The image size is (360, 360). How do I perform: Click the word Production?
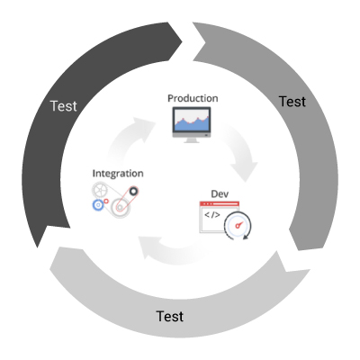click(193, 98)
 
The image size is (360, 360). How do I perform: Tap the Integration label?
click(118, 174)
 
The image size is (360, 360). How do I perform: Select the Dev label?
click(220, 193)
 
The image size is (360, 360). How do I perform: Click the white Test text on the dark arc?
click(64, 106)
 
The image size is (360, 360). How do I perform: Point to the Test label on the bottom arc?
click(170, 316)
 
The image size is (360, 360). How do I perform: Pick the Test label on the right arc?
click(292, 102)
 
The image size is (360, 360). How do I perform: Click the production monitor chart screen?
click(192, 120)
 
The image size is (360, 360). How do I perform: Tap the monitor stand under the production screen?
click(192, 139)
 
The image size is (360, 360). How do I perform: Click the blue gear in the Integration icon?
click(98, 205)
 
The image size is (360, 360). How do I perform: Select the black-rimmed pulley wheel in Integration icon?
click(133, 191)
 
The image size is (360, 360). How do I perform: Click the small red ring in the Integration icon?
click(106, 201)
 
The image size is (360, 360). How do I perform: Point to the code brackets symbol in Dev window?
click(212, 215)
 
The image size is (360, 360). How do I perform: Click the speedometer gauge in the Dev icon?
click(238, 226)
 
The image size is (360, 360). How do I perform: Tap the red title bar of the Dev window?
click(220, 203)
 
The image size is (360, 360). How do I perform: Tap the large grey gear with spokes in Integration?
click(100, 190)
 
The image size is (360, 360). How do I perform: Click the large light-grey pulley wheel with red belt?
click(121, 207)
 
